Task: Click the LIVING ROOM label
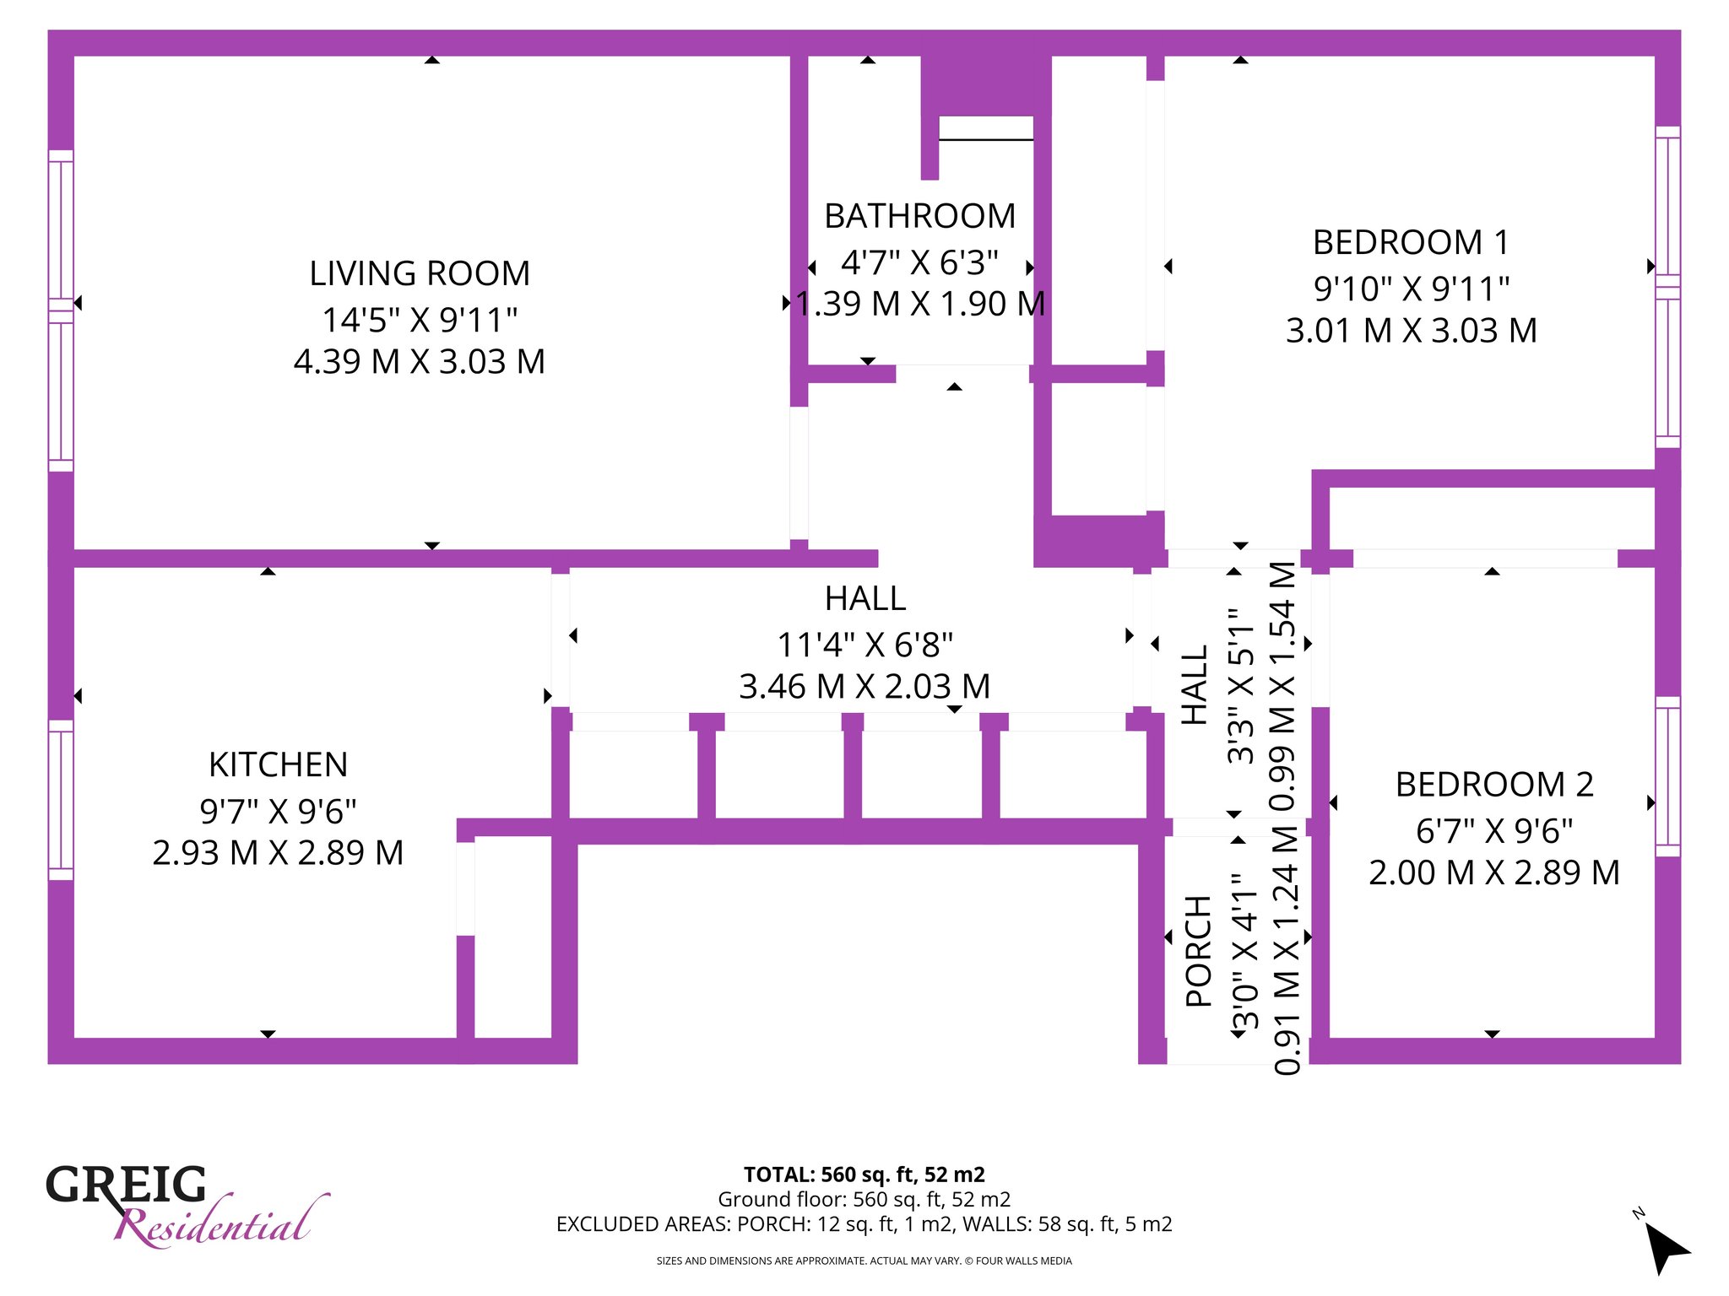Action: pos(420,273)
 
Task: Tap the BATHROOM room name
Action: pos(920,216)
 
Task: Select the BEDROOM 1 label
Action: pos(1411,242)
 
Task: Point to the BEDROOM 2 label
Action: pos(1494,785)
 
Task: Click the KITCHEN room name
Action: pos(278,764)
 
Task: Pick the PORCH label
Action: pos(1199,951)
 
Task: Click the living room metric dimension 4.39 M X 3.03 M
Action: pos(420,361)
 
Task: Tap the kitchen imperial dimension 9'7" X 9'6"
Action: pos(278,811)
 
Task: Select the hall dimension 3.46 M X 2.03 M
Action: pos(864,686)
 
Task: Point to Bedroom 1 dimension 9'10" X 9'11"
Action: pos(1412,289)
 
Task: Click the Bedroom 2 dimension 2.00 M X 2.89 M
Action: pos(1494,872)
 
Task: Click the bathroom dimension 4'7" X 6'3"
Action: pos(920,262)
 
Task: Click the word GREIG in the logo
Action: pos(126,1185)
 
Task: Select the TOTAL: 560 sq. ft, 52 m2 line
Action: pos(864,1174)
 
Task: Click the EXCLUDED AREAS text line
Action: pos(864,1224)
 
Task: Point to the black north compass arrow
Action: pos(1667,1249)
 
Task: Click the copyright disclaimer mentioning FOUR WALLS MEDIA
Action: pos(864,1261)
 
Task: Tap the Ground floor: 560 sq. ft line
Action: pos(864,1199)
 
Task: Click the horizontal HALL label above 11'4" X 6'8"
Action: pos(865,598)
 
